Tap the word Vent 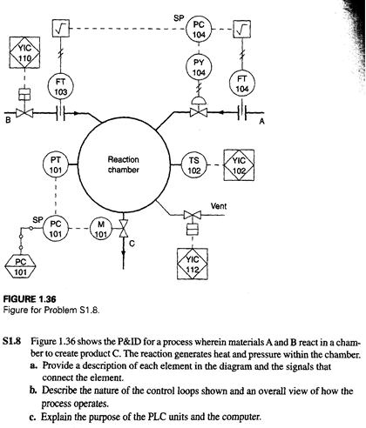coord(220,206)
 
